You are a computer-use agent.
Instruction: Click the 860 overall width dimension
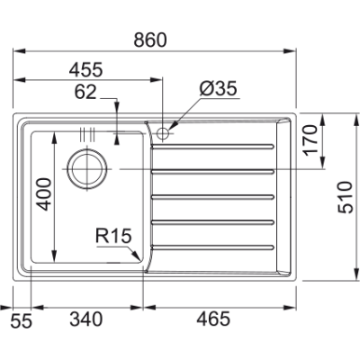coord(150,40)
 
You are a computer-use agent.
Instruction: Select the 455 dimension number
coord(86,69)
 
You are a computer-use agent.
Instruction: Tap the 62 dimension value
coord(85,92)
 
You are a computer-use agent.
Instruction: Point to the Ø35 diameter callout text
coord(219,88)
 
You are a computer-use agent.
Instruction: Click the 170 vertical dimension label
coord(310,140)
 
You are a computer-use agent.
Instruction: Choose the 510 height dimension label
coord(346,197)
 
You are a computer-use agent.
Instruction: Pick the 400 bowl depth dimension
coord(43,194)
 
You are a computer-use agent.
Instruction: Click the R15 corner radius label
coord(113,236)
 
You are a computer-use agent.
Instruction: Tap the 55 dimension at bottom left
coord(21,321)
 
